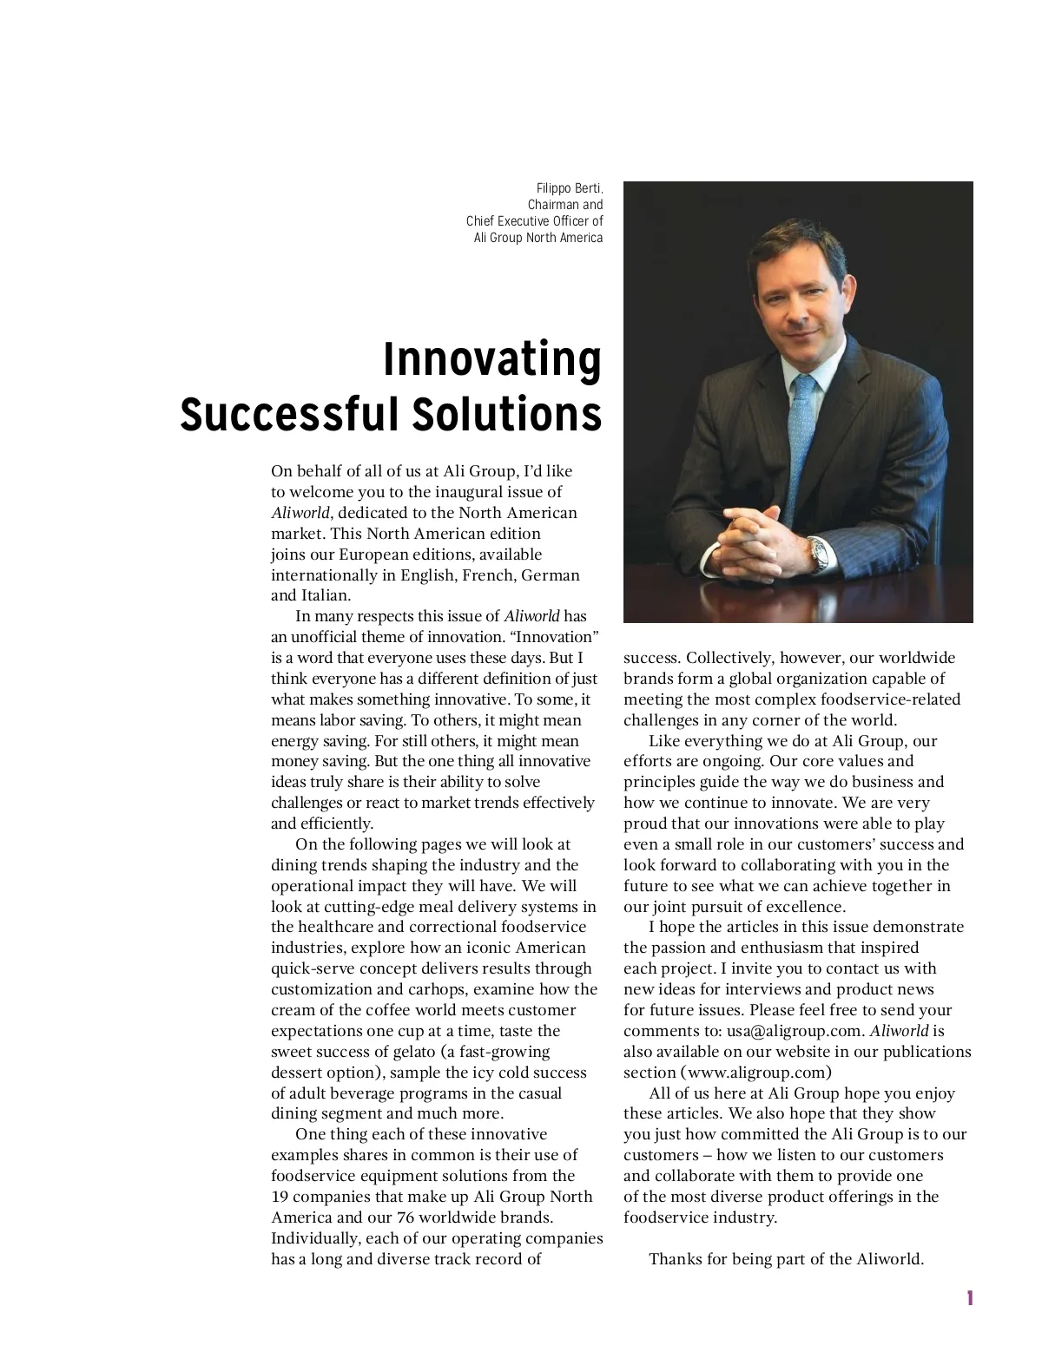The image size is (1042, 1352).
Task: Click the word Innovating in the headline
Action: pos(491,359)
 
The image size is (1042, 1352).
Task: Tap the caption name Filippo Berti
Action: pos(569,189)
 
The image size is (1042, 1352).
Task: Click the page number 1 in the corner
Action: pos(969,1299)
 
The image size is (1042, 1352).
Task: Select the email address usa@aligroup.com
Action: pos(795,1032)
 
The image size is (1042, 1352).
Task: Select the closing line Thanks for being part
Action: pos(786,1259)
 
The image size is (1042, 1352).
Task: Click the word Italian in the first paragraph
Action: pos(326,596)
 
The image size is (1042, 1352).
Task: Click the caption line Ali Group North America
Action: pos(537,238)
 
